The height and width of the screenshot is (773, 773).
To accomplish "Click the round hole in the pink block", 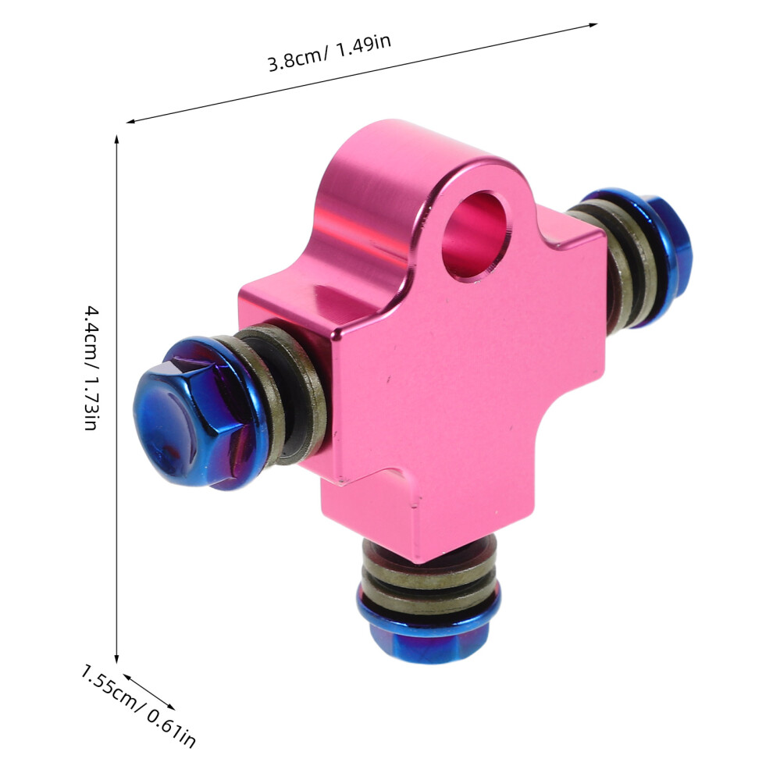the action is point(475,235).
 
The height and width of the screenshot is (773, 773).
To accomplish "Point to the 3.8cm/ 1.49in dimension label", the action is point(330,52).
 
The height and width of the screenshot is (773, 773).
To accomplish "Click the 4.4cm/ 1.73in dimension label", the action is point(92,368).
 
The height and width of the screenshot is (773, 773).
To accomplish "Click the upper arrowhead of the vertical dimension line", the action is point(117,138).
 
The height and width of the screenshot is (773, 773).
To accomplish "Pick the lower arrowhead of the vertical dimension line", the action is point(117,659).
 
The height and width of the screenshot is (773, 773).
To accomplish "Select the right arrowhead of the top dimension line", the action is point(593,25).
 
